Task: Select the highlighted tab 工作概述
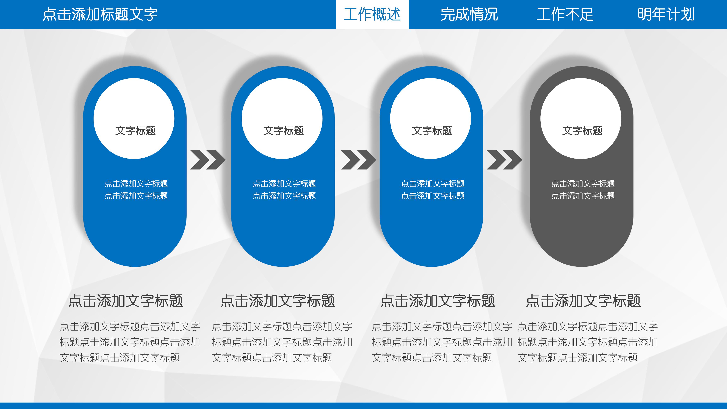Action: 372,14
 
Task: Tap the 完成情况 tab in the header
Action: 469,14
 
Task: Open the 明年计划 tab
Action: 666,14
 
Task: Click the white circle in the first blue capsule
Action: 134,118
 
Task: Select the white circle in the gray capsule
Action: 581,118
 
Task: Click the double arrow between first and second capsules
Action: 208,160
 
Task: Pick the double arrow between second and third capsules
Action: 358,160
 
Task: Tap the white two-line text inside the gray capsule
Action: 583,190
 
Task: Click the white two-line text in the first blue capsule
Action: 136,190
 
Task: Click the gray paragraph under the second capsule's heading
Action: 282,342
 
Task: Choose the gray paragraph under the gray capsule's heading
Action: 587,342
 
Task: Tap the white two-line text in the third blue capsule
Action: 433,190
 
